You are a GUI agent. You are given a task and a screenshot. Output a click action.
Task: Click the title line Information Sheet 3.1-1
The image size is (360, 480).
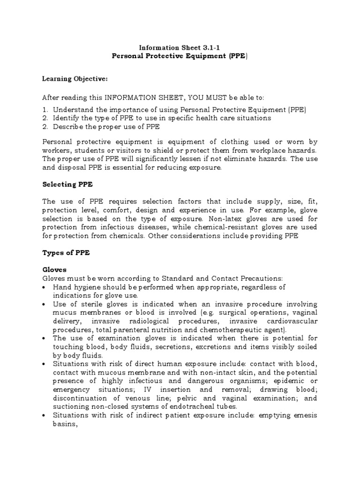click(180, 47)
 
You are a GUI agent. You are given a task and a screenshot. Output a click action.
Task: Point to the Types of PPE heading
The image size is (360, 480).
click(66, 253)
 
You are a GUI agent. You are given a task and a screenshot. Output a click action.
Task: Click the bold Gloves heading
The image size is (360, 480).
click(54, 270)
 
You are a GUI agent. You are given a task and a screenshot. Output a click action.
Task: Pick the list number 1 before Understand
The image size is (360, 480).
click(45, 110)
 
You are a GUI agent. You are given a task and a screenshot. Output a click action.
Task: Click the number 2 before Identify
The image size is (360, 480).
click(45, 118)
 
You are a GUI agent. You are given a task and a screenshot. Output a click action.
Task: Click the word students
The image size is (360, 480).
click(89, 150)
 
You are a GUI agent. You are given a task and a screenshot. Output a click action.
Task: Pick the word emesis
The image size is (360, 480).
click(300, 415)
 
